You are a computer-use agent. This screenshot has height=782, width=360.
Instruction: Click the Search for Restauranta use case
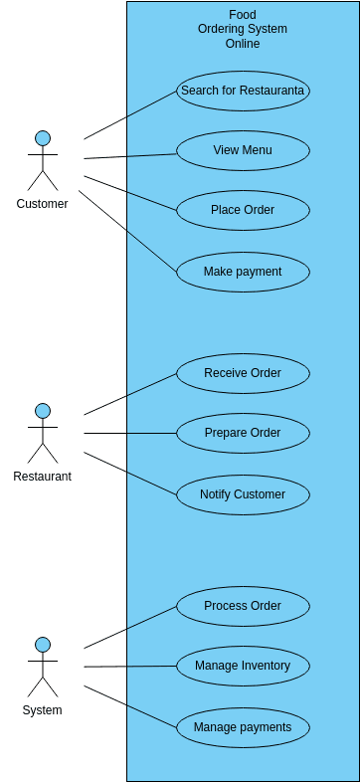tap(244, 91)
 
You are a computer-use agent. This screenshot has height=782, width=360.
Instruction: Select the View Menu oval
tap(244, 150)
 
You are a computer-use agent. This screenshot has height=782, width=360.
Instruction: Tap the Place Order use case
tap(244, 211)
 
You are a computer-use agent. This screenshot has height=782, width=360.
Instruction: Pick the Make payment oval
tap(244, 272)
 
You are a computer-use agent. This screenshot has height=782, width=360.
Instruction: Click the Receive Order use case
tap(244, 373)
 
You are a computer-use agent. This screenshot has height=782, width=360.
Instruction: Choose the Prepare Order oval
tap(244, 434)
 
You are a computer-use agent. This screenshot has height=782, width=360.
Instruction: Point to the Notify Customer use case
tap(244, 494)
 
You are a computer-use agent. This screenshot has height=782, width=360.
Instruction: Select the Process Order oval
tap(244, 607)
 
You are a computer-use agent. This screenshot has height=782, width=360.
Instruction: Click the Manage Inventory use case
tap(244, 667)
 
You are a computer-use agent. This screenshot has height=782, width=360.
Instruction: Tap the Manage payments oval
tap(244, 727)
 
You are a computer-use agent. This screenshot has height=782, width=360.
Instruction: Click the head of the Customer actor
tap(43, 138)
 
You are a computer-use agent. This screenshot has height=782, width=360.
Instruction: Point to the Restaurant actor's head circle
tap(43, 412)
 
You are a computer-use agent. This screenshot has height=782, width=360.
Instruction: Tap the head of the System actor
tap(43, 645)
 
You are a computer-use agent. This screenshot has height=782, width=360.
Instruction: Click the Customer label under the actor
tap(43, 204)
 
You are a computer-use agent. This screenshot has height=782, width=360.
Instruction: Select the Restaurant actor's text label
tap(43, 477)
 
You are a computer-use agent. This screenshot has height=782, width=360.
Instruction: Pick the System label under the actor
tap(43, 710)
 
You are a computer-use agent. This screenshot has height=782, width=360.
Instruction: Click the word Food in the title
tap(243, 15)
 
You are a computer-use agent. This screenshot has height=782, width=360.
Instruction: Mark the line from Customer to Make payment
tap(128, 232)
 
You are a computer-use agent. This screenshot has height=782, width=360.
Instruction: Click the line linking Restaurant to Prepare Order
tap(130, 434)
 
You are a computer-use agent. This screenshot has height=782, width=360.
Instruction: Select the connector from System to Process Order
tap(130, 628)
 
